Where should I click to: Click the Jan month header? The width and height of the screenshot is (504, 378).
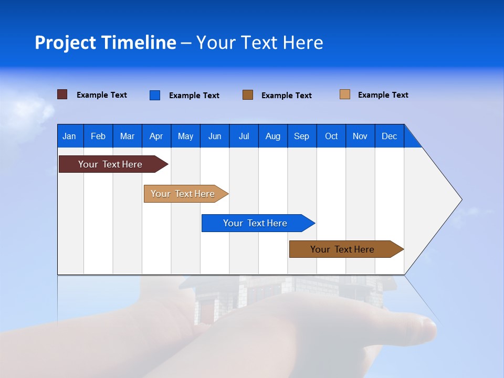pos(69,136)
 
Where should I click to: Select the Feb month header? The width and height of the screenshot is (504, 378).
pos(98,136)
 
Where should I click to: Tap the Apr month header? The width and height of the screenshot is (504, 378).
pos(156,136)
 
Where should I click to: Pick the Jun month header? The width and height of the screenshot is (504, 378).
pos(215,136)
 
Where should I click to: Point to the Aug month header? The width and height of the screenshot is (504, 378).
pos(272,136)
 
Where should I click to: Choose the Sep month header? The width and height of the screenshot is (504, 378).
pos(301,136)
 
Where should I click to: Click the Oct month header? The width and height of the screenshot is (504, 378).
pos(331,136)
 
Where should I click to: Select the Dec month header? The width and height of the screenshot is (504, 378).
pos(389,136)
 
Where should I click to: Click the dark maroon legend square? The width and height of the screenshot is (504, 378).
pos(62,94)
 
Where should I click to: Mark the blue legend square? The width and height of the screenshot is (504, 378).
pos(155,95)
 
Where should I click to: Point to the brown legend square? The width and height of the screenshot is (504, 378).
pos(248,95)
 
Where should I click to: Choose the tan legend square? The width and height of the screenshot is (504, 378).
pos(345,94)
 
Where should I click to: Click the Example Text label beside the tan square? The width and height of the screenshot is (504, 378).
pos(383,95)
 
